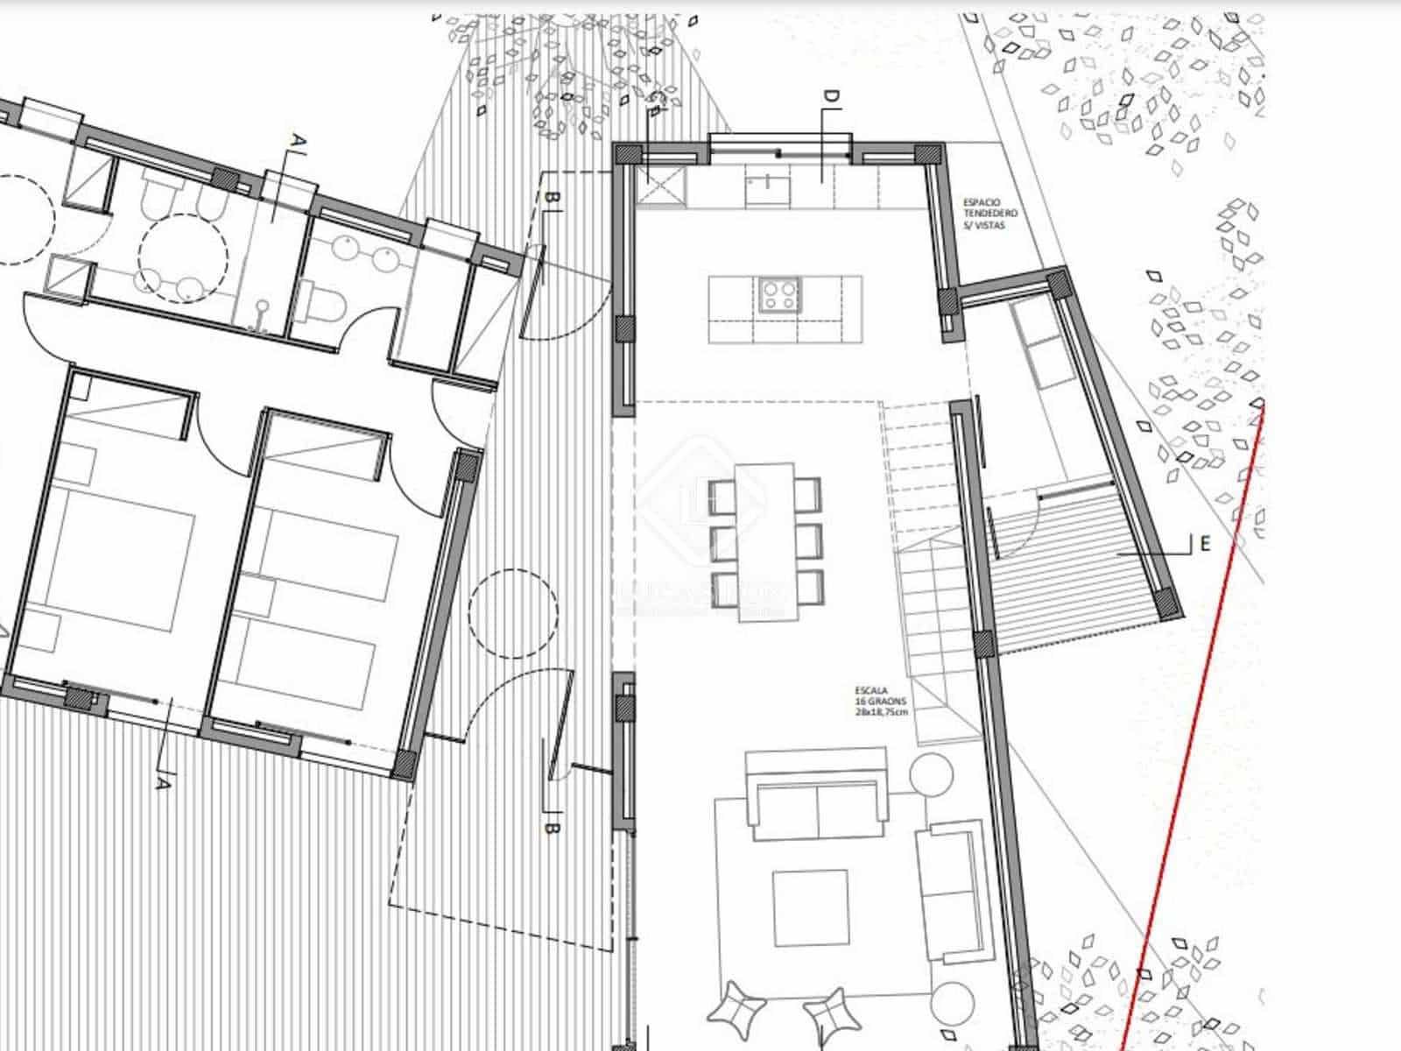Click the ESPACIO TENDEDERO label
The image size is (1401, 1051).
[989, 214]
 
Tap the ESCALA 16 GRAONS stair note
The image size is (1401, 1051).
[881, 701]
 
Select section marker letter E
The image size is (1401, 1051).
[1205, 544]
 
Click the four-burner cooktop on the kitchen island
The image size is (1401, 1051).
[779, 295]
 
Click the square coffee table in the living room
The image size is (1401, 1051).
[810, 908]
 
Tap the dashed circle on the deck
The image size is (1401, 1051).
[512, 614]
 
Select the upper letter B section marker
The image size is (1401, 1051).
[551, 201]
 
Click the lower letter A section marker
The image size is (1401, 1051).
[161, 782]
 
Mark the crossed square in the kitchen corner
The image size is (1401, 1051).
[660, 187]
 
